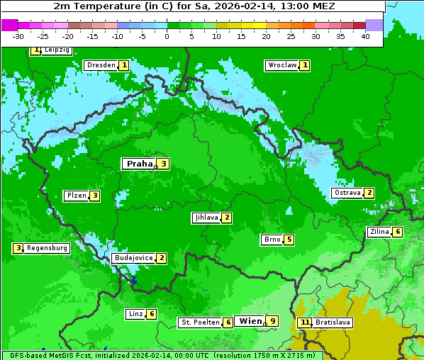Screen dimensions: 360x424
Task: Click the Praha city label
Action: click(x=139, y=164)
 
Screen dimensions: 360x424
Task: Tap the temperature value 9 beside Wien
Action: click(x=272, y=321)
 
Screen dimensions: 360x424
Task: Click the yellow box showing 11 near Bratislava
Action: click(x=305, y=322)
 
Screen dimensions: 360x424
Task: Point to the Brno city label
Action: click(x=272, y=240)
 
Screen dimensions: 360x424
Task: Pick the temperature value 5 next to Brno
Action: click(x=289, y=240)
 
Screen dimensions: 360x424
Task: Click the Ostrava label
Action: click(x=347, y=193)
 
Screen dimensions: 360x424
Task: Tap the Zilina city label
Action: click(x=379, y=232)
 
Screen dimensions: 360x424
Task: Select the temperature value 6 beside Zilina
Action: click(x=398, y=232)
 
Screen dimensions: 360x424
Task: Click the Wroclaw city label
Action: click(x=281, y=65)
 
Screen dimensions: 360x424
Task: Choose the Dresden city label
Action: click(x=101, y=65)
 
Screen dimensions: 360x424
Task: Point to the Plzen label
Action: click(x=76, y=196)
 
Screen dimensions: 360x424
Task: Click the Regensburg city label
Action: click(x=48, y=248)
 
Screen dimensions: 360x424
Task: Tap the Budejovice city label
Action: click(x=133, y=258)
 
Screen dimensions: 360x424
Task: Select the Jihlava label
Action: click(x=206, y=218)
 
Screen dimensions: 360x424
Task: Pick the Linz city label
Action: click(x=135, y=314)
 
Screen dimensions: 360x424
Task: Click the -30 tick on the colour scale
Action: click(x=18, y=36)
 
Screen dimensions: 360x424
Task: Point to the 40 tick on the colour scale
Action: click(x=365, y=36)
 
